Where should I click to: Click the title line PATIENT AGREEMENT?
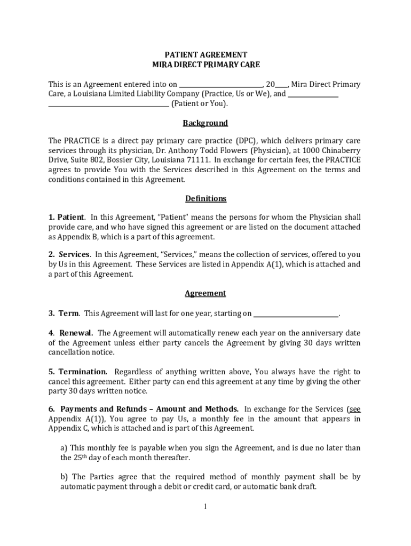pyautogui.click(x=205, y=55)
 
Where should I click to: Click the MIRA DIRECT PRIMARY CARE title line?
pyautogui.click(x=205, y=65)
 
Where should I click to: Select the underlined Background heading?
pyautogui.click(x=205, y=123)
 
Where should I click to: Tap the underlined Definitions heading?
pyautogui.click(x=205, y=199)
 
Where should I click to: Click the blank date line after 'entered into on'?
pyautogui.click(x=220, y=85)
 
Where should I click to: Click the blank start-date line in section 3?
pyautogui.click(x=296, y=314)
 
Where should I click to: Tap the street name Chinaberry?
pyautogui.click(x=339, y=150)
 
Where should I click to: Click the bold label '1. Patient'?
pyautogui.click(x=66, y=218)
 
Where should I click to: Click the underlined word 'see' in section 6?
pyautogui.click(x=354, y=409)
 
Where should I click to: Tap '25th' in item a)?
pyautogui.click(x=68, y=457)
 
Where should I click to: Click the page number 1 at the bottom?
pyautogui.click(x=205, y=507)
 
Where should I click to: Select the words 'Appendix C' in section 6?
pyautogui.click(x=69, y=429)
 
